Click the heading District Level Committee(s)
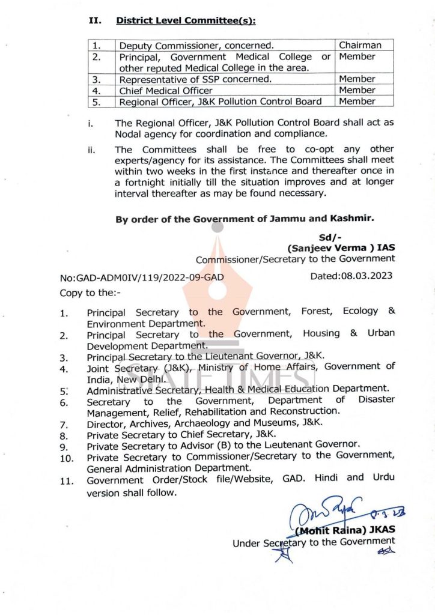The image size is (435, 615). pos(186,20)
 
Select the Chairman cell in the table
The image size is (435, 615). pos(360,45)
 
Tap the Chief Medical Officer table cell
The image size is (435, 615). pos(166,90)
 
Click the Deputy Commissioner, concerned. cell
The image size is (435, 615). pos(196,46)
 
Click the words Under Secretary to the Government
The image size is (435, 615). pos(314,542)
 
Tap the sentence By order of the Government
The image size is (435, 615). pos(245,219)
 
